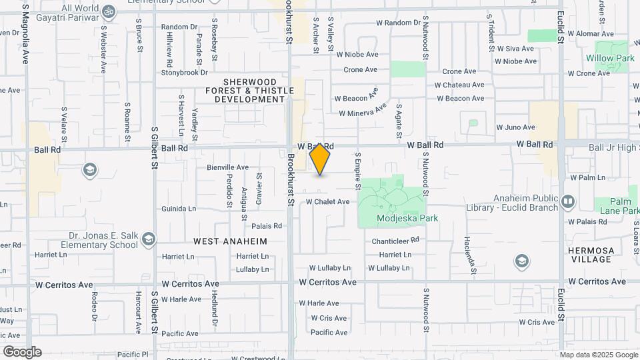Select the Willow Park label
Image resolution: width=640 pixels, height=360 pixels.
[x=610, y=58]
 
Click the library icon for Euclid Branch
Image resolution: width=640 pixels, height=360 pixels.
[x=568, y=201]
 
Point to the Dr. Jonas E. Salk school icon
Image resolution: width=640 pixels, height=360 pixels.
[x=149, y=239]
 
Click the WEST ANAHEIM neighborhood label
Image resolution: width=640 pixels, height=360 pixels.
[x=230, y=241]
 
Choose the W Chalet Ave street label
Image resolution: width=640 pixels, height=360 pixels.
[x=327, y=201]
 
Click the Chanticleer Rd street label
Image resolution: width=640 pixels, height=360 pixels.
[x=395, y=240]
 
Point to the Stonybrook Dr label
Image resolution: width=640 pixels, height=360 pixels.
[x=185, y=73]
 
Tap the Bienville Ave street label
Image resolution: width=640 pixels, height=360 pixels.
[x=227, y=167]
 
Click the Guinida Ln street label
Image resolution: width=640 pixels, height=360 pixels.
[x=179, y=209]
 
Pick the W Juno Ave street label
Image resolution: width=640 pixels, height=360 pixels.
[x=516, y=127]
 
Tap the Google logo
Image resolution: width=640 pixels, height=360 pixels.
[x=22, y=351]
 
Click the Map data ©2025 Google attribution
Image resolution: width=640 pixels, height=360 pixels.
[x=599, y=355]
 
